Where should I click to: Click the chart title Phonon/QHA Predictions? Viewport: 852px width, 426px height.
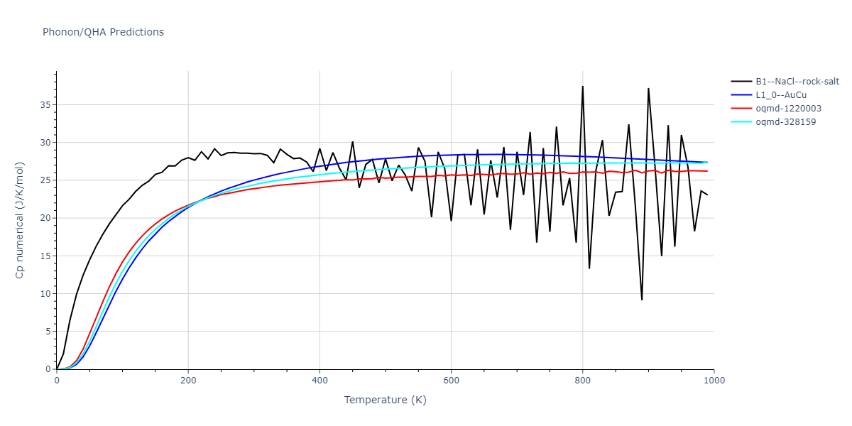pos(103,32)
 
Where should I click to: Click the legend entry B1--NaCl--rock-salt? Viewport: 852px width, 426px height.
pos(797,81)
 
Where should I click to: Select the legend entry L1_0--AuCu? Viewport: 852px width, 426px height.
pos(780,94)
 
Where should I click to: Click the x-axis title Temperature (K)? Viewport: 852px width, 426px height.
pos(385,400)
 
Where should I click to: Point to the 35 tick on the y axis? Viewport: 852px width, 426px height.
pos(45,104)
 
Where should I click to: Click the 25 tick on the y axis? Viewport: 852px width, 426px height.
pos(45,180)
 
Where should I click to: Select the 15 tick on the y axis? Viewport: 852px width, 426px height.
pos(45,256)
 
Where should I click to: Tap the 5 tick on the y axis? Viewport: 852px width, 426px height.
pos(48,332)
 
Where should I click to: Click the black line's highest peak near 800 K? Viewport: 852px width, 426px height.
pos(582,87)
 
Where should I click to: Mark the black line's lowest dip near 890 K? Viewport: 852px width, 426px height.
pos(642,300)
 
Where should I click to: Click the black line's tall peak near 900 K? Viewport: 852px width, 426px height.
pos(648,89)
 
